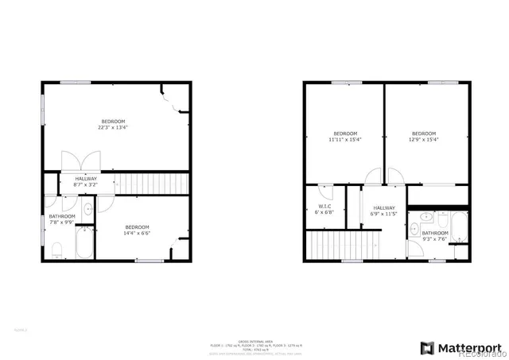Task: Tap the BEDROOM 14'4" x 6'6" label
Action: (137, 230)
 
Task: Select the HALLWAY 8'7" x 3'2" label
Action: (86, 181)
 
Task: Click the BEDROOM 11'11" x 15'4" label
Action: (345, 136)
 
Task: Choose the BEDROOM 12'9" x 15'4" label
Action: (423, 136)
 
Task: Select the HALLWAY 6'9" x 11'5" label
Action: (384, 211)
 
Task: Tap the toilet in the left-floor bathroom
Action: (56, 252)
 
